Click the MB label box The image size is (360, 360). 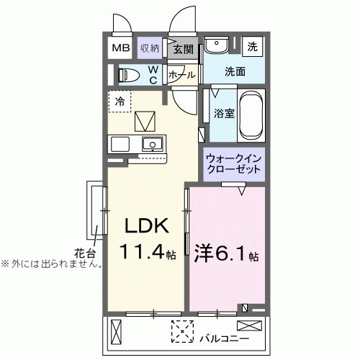click(120, 48)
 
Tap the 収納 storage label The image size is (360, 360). click(150, 48)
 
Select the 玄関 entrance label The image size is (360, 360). click(184, 49)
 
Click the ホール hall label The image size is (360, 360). click(181, 74)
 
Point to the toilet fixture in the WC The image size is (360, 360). click(129, 74)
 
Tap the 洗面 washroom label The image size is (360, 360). click(235, 71)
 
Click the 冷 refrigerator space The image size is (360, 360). click(120, 102)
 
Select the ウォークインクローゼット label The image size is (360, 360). click(234, 163)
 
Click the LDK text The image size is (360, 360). click(148, 227)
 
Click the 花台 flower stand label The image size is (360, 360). click(84, 252)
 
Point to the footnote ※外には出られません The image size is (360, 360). click(50, 264)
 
